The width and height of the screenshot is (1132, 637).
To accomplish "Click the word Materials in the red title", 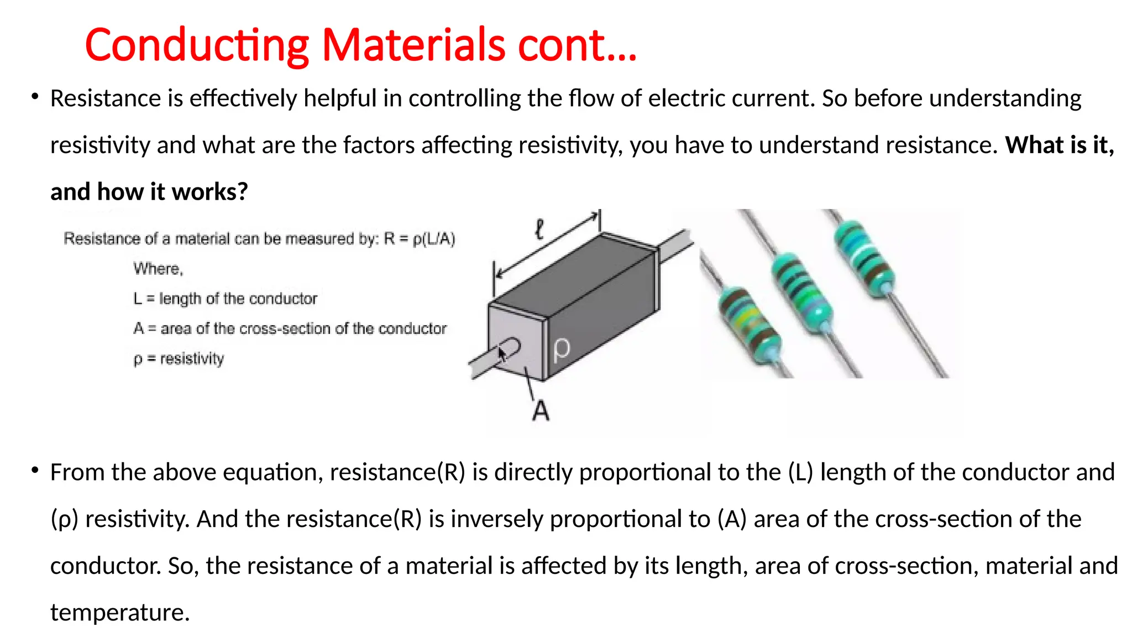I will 413,45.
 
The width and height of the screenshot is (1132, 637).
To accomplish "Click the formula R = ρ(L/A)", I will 420,239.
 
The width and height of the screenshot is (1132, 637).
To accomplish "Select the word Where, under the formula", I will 158,269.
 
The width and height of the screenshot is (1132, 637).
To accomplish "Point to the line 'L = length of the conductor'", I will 225,299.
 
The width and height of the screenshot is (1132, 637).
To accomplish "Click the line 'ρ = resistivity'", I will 179,359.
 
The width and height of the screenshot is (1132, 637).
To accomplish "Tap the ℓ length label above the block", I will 540,229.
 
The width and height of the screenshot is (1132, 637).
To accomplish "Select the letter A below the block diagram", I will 541,411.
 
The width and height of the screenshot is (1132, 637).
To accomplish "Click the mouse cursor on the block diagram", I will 502,353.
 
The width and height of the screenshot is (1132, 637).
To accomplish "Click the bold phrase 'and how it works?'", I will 149,192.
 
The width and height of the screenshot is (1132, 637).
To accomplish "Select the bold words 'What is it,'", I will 1059,145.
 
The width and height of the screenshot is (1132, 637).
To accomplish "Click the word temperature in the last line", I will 120,613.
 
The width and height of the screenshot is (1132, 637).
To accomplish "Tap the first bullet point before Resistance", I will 35,97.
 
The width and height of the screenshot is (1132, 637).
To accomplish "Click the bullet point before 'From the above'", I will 35,471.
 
